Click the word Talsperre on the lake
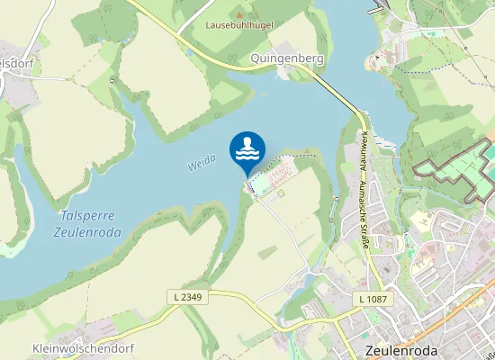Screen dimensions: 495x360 86,216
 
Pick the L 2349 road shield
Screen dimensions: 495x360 185,296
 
